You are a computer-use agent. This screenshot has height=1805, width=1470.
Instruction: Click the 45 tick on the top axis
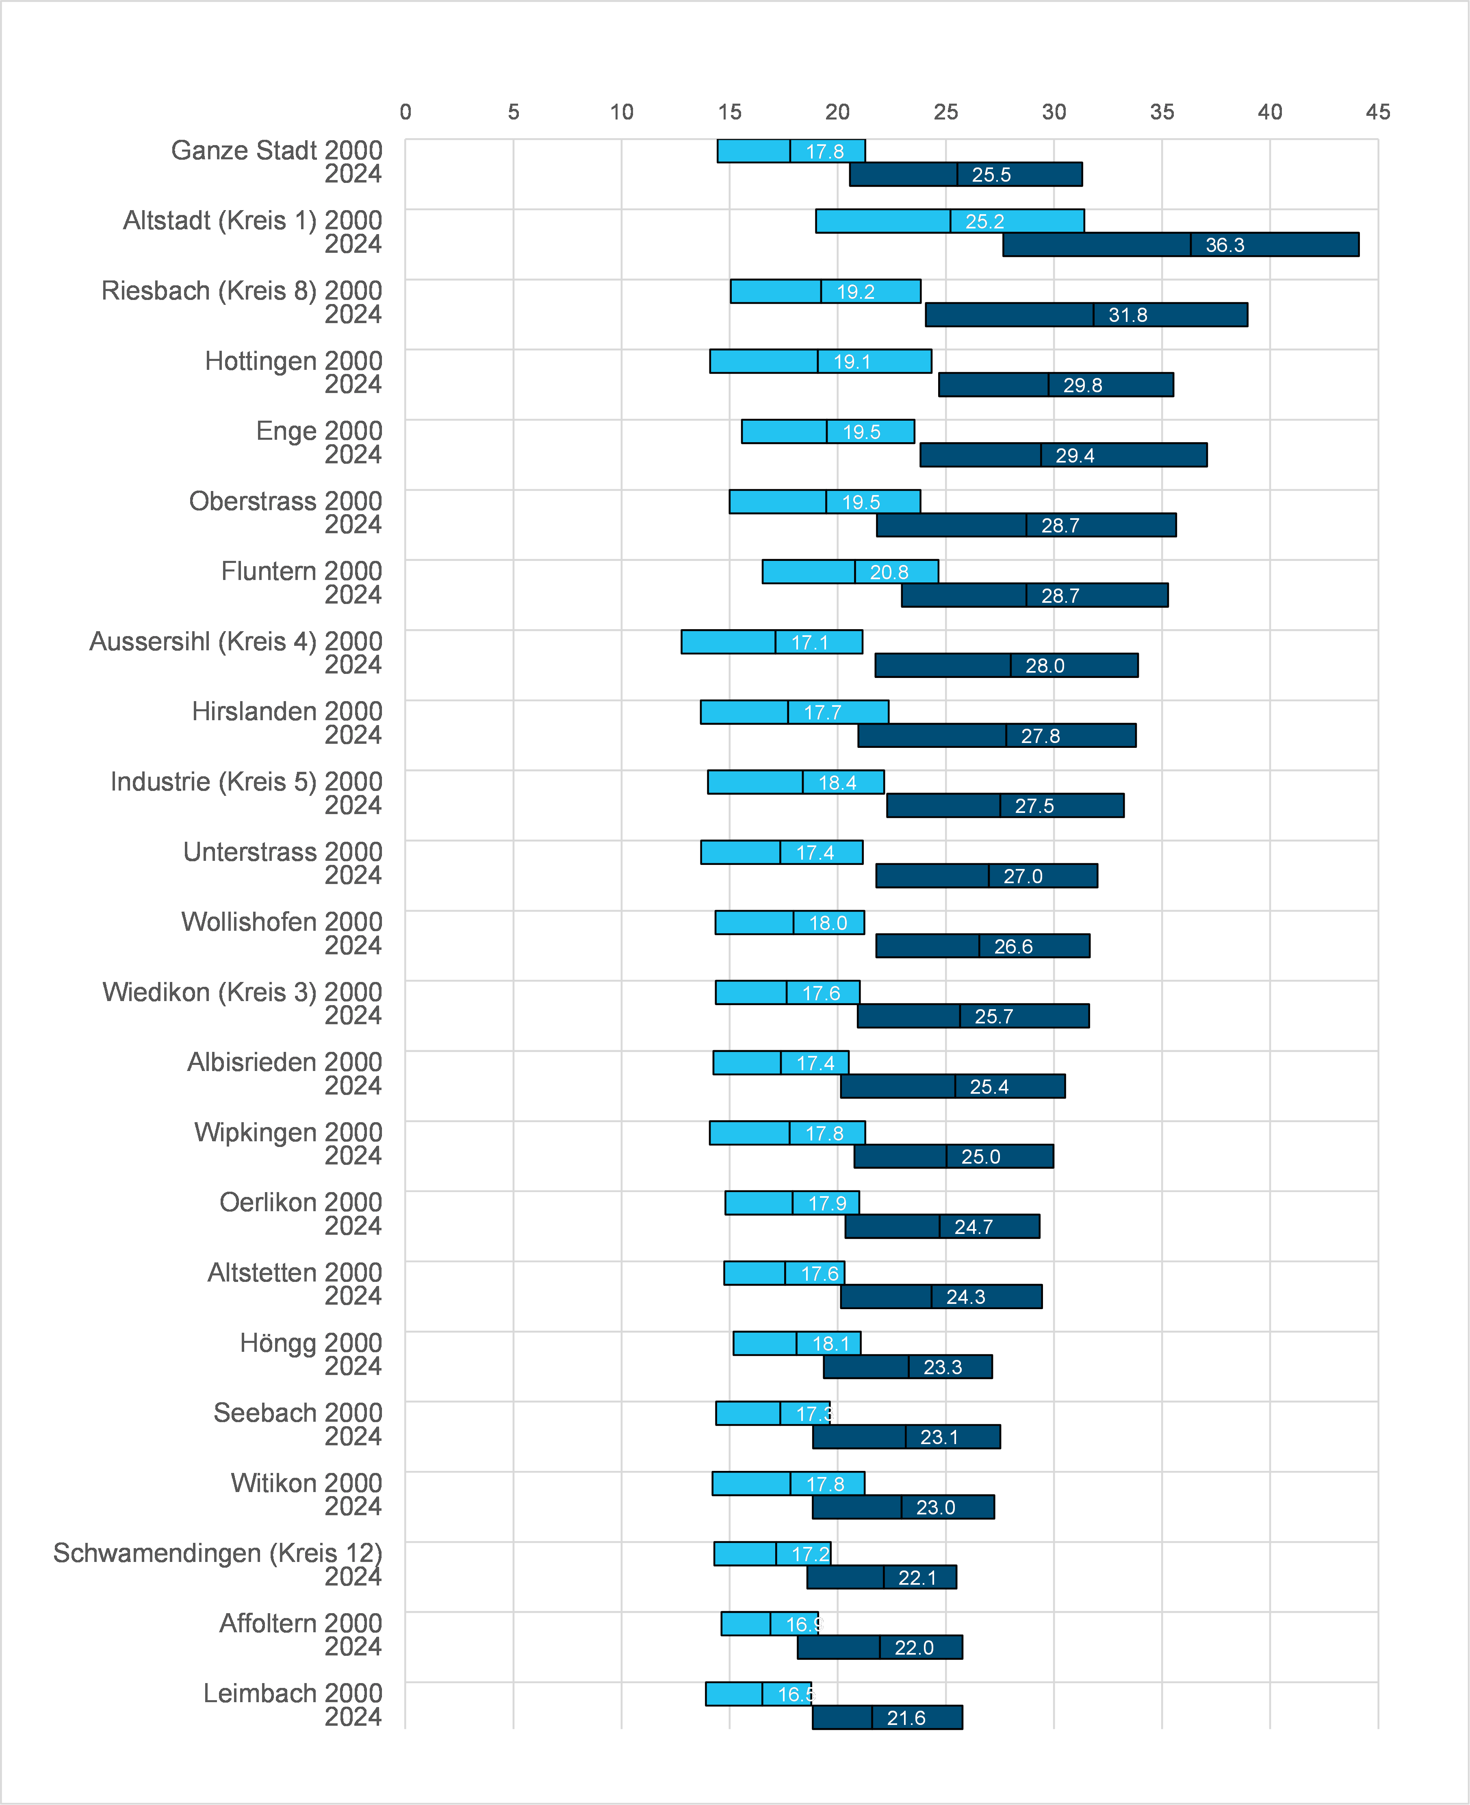(x=1378, y=112)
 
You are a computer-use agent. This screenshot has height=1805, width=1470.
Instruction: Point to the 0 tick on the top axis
(x=405, y=112)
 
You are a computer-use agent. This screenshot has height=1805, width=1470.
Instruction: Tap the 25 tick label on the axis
(x=946, y=112)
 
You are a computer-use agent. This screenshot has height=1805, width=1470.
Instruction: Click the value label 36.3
(x=1225, y=245)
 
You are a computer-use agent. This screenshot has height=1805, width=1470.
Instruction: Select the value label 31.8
(x=1128, y=315)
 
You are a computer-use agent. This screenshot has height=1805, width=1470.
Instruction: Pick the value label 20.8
(x=889, y=573)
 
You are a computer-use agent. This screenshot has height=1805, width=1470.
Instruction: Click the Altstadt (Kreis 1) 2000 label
(x=252, y=220)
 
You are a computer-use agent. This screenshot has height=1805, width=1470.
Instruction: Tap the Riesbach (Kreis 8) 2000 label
(x=241, y=291)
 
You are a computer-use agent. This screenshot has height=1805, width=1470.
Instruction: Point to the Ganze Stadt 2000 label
(x=277, y=150)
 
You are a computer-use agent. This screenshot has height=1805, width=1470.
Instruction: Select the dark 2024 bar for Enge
(x=1064, y=455)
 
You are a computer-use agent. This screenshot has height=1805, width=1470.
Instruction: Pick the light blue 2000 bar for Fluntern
(x=850, y=572)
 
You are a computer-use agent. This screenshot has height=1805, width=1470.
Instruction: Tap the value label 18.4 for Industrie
(x=837, y=783)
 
